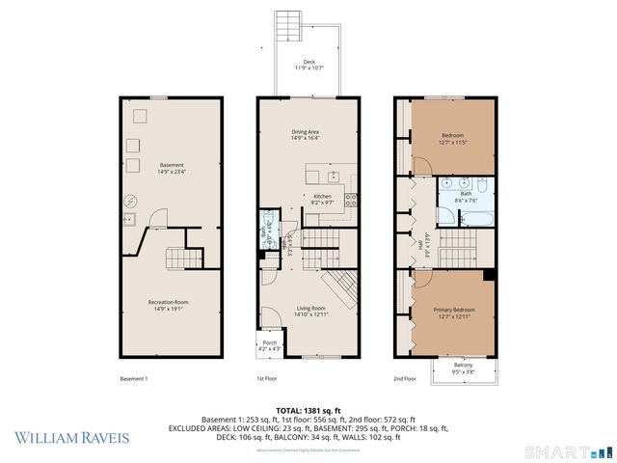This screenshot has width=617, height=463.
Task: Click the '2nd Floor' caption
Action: point(405,379)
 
